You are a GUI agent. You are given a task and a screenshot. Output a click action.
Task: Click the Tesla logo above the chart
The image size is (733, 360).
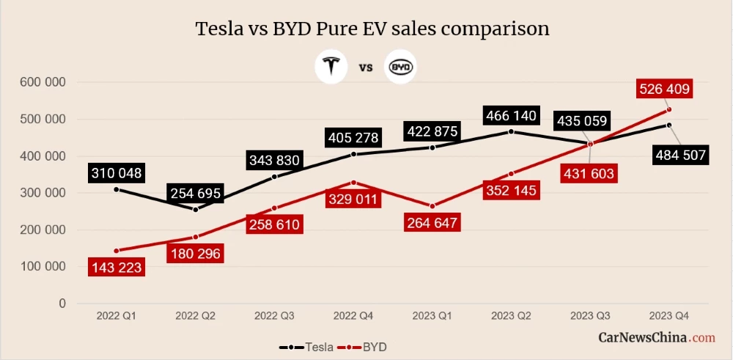click(331, 67)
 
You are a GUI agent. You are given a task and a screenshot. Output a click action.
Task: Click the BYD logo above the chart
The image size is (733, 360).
click(400, 67)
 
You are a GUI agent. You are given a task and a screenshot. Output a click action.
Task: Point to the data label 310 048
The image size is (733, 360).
click(117, 174)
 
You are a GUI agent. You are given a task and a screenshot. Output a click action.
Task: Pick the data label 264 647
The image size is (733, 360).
click(432, 224)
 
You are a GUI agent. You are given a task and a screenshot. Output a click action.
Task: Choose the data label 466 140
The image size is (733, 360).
click(511, 116)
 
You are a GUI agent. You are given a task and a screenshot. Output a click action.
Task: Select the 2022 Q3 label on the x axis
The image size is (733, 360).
click(274, 316)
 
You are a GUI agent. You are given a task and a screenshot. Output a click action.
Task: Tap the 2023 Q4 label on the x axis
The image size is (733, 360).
click(668, 316)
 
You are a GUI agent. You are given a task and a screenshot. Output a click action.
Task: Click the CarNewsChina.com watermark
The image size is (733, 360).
click(657, 338)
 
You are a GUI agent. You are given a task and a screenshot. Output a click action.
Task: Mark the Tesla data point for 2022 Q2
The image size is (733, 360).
click(195, 209)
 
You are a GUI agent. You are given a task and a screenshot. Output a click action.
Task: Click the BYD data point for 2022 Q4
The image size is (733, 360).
click(353, 183)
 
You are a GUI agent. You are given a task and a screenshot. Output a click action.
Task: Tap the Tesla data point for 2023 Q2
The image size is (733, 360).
click(511, 132)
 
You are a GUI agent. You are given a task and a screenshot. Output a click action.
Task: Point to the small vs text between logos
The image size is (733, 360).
click(366, 68)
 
